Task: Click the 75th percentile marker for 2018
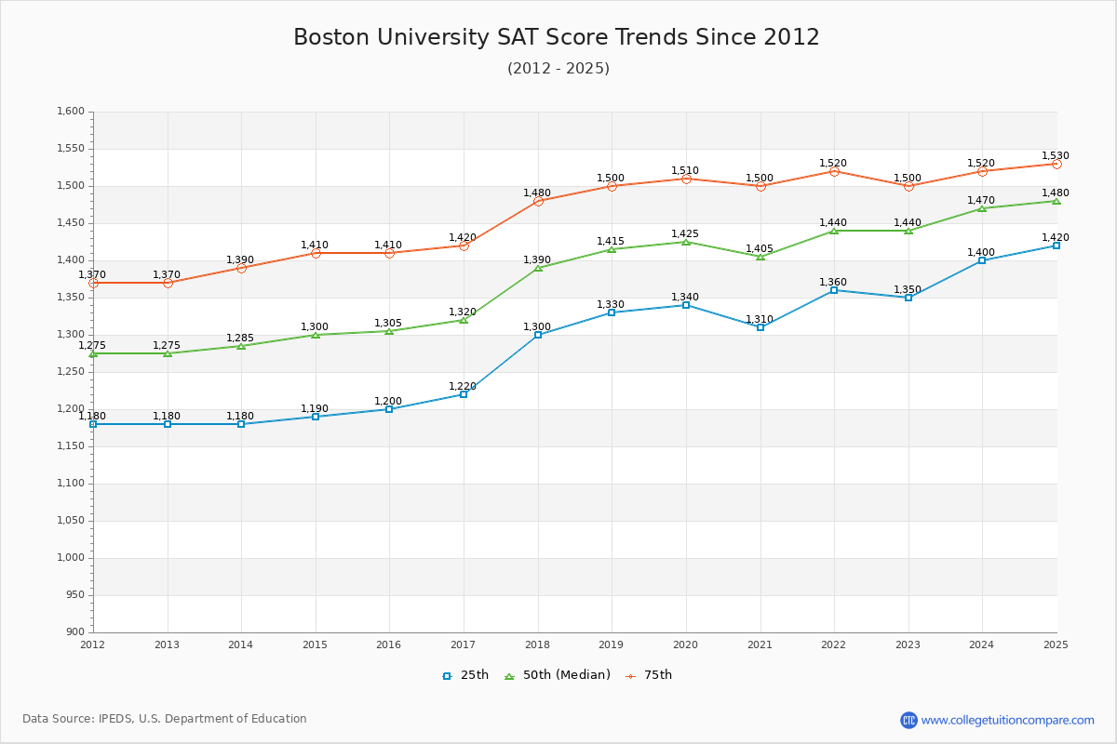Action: pos(538,201)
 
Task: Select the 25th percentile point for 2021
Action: pos(760,327)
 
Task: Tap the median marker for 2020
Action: pos(686,242)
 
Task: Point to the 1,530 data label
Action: pos(1056,156)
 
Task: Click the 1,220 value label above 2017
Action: pos(463,387)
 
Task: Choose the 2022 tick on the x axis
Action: pos(834,644)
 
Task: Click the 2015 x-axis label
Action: pos(316,644)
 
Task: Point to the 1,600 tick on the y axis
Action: pos(71,112)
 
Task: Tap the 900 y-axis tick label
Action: pos(75,632)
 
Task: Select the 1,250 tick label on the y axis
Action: pos(71,372)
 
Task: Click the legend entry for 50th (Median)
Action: pos(557,675)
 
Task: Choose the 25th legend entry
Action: pos(464,675)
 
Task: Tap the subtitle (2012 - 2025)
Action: pos(558,69)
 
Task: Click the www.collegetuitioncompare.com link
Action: pos(1007,720)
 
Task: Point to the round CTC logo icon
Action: pos(908,720)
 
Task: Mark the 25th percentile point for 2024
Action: pos(982,260)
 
